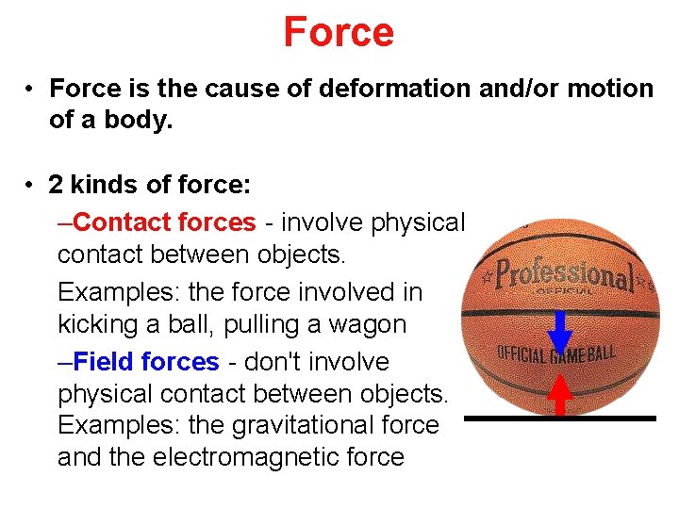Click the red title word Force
coord(339,32)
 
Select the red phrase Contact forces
coord(164,222)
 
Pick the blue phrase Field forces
coord(146,362)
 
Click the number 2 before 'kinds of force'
coord(58,186)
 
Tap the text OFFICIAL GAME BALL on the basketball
coord(556,354)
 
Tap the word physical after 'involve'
coord(418,222)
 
